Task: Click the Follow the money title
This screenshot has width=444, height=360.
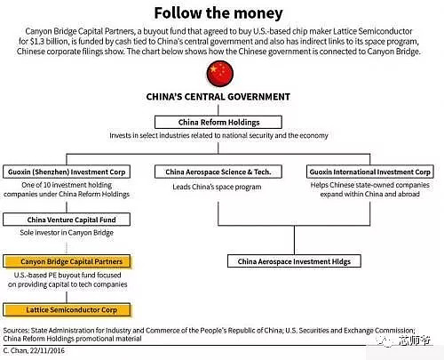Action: [x=218, y=13]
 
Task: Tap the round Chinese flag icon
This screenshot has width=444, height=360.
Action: [x=220, y=74]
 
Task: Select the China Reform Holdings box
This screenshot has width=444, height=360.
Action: [x=218, y=122]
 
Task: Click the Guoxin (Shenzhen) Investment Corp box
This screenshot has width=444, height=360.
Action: [x=67, y=172]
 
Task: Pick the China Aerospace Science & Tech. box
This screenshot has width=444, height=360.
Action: [x=218, y=172]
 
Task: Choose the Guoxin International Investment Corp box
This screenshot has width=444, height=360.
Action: [x=370, y=172]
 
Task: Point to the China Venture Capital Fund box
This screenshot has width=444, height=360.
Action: [x=67, y=220]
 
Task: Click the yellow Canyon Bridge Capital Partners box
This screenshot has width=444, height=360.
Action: [x=67, y=261]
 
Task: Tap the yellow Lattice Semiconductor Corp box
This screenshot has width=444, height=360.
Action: [x=67, y=310]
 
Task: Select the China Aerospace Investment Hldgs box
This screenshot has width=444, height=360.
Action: [x=294, y=261]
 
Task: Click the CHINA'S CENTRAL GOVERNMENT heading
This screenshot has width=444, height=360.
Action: [x=218, y=97]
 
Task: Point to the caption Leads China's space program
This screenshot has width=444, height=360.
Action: [x=217, y=187]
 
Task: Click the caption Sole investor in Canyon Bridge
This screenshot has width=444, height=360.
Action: [x=67, y=233]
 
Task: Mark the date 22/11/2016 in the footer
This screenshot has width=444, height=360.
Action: [x=47, y=350]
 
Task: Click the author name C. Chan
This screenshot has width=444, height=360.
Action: [x=15, y=350]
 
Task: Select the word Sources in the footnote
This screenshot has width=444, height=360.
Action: [x=16, y=330]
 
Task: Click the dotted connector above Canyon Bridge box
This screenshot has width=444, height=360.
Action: [x=67, y=247]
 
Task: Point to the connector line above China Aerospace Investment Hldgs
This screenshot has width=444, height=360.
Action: [x=294, y=240]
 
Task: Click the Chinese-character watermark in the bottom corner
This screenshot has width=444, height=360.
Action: [x=414, y=340]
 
